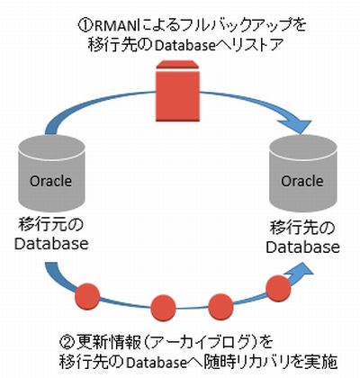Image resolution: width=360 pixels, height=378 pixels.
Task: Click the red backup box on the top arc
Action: pyautogui.click(x=177, y=91)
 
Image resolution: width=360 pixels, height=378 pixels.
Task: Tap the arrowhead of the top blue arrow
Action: pyautogui.click(x=296, y=125)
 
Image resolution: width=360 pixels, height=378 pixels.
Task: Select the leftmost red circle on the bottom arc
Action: pyautogui.click(x=87, y=295)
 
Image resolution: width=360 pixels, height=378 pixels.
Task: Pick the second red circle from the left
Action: pyautogui.click(x=163, y=308)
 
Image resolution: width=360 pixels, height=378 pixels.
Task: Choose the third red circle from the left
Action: pyautogui.click(x=220, y=306)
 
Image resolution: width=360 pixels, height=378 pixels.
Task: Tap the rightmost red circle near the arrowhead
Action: pyautogui.click(x=279, y=288)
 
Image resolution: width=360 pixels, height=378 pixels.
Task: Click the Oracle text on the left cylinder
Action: pyautogui.click(x=50, y=181)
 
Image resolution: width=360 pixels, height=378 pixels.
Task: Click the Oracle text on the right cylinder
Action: pyautogui.click(x=301, y=181)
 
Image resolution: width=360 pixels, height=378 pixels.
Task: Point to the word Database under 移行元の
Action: pyautogui.click(x=51, y=244)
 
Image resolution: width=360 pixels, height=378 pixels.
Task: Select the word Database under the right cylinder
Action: pyautogui.click(x=303, y=247)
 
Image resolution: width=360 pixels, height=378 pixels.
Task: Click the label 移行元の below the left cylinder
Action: pyautogui.click(x=50, y=225)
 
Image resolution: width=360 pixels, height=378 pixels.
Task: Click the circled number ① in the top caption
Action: pyautogui.click(x=85, y=26)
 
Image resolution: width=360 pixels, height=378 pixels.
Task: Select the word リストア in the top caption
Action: pyautogui.click(x=257, y=46)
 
